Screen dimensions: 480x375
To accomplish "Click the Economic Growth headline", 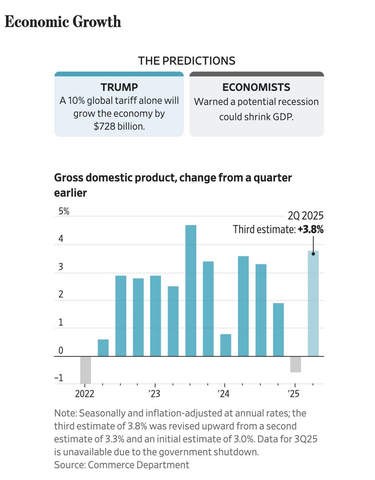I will [x=63, y=21].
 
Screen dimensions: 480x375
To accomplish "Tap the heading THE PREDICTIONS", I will [x=186, y=61].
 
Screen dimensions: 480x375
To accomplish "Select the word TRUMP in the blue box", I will [x=119, y=87].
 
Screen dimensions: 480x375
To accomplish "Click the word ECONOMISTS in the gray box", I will [x=256, y=87].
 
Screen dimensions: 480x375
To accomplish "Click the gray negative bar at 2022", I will [x=86, y=370].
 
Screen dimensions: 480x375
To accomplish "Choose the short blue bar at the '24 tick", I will [x=225, y=345].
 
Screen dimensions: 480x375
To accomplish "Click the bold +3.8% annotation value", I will [x=311, y=230].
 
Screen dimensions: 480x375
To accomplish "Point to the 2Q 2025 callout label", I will [x=305, y=216].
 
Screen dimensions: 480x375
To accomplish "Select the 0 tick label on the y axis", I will [x=61, y=351].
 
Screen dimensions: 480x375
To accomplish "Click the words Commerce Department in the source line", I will [x=138, y=465].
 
